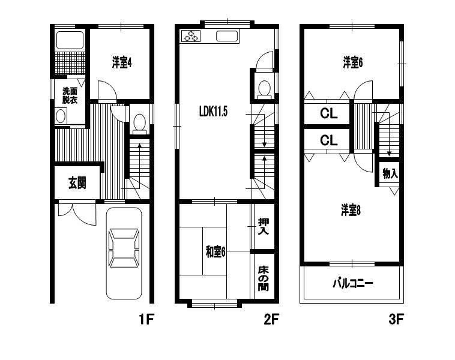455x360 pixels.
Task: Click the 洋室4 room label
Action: tap(122, 62)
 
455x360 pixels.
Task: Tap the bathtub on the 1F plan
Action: tap(70, 40)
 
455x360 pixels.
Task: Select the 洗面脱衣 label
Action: tap(70, 95)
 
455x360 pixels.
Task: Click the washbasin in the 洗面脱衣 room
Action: tap(61, 116)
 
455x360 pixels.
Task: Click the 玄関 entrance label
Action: tap(77, 183)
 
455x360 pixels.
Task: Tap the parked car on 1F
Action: tap(124, 253)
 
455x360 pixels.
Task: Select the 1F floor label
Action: tap(146, 319)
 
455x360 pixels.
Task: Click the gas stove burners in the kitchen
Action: tap(191, 36)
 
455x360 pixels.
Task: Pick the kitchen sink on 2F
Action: tap(227, 36)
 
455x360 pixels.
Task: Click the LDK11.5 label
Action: tap(213, 111)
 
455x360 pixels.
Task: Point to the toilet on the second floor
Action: tap(264, 89)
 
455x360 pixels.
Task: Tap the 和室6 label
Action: tap(215, 251)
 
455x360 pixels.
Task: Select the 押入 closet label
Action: tap(263, 226)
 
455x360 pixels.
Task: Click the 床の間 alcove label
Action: tap(263, 278)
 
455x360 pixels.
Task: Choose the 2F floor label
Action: tap(271, 319)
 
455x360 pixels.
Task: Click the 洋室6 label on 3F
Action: tap(353, 62)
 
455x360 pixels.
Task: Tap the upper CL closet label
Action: tap(329, 113)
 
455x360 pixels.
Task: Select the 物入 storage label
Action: tap(390, 173)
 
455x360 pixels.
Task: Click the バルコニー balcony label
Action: tap(352, 283)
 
